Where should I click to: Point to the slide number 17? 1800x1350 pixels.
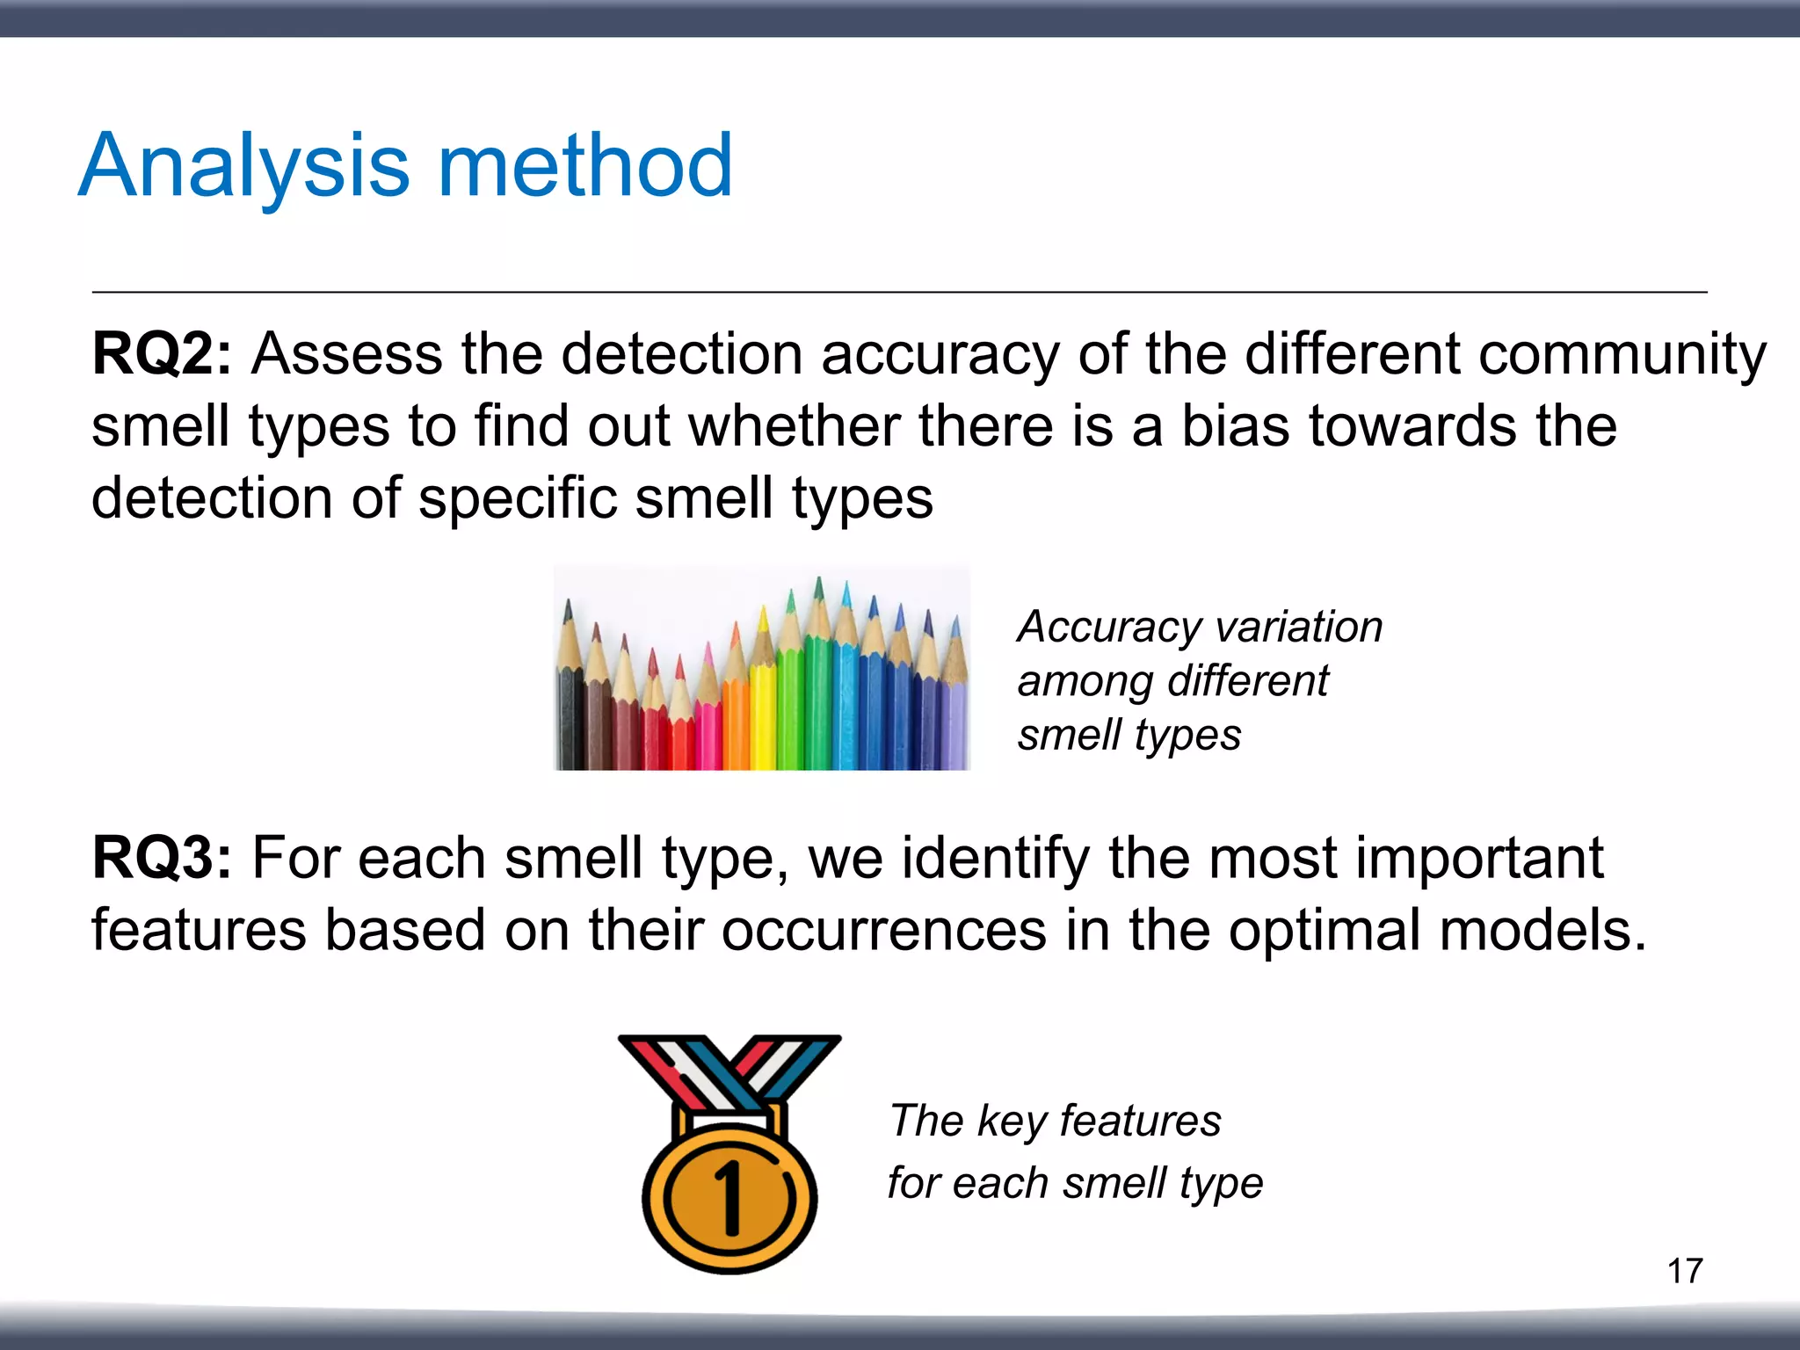pyautogui.click(x=1684, y=1271)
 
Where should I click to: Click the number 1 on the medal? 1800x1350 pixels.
pyautogui.click(x=729, y=1197)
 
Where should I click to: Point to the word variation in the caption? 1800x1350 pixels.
pyautogui.click(x=1299, y=628)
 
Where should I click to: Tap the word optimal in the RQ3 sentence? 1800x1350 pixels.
pyautogui.click(x=1325, y=931)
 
